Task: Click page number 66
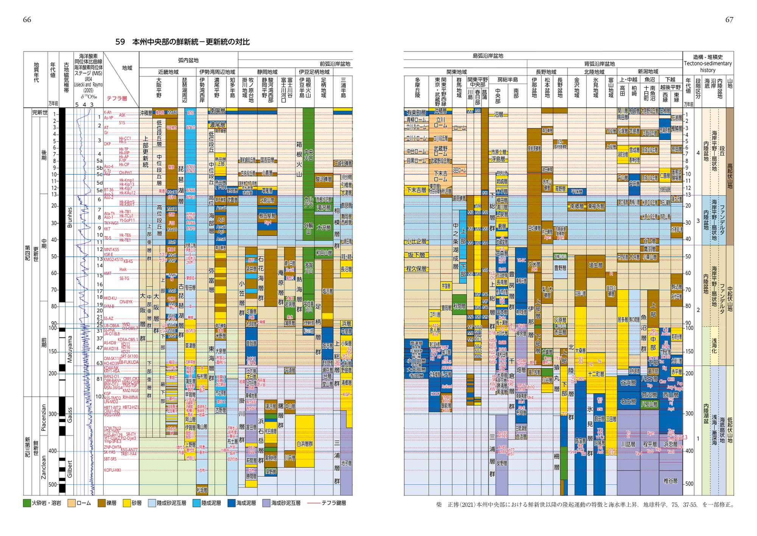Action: (x=27, y=20)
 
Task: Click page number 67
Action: (x=729, y=20)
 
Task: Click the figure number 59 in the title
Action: (x=120, y=42)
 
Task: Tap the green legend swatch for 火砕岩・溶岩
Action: (x=26, y=503)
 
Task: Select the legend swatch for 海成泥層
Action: (x=231, y=503)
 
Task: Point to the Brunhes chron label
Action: (x=70, y=217)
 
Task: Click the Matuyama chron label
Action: (x=70, y=349)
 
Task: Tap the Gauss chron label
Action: (x=70, y=415)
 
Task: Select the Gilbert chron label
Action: (x=70, y=469)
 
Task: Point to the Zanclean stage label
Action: (x=44, y=467)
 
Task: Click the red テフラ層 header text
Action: (x=117, y=98)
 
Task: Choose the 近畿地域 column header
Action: (x=168, y=72)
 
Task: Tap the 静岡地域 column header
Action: (x=267, y=72)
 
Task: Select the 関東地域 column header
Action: (x=456, y=72)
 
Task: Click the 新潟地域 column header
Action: (x=648, y=71)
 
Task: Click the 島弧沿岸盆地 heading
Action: (x=488, y=56)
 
